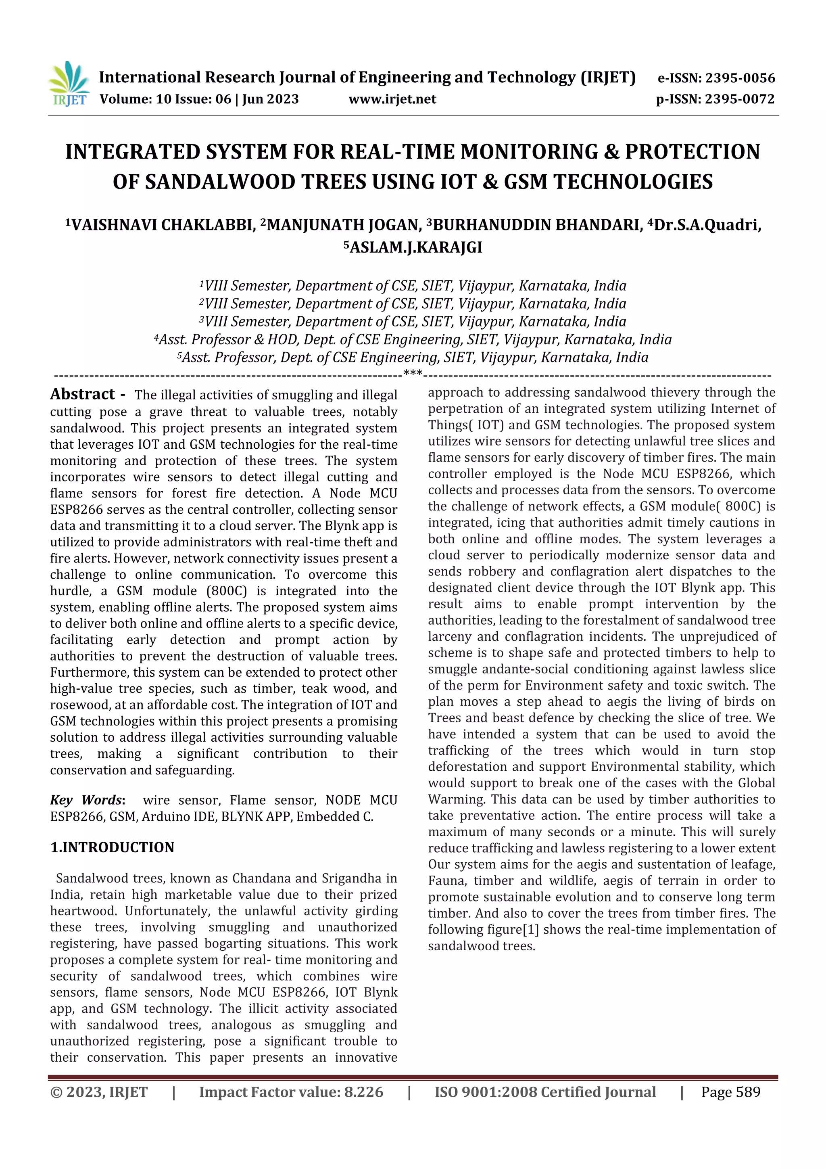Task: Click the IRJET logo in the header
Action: (x=69, y=84)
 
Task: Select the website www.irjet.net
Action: (x=392, y=99)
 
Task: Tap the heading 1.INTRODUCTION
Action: (x=112, y=847)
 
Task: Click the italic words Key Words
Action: (x=87, y=800)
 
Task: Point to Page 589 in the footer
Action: (x=730, y=1092)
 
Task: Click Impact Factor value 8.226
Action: (x=291, y=1092)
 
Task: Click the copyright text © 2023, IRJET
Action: (x=99, y=1092)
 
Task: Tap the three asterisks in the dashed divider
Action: (x=413, y=374)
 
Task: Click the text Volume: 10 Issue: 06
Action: (x=165, y=99)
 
